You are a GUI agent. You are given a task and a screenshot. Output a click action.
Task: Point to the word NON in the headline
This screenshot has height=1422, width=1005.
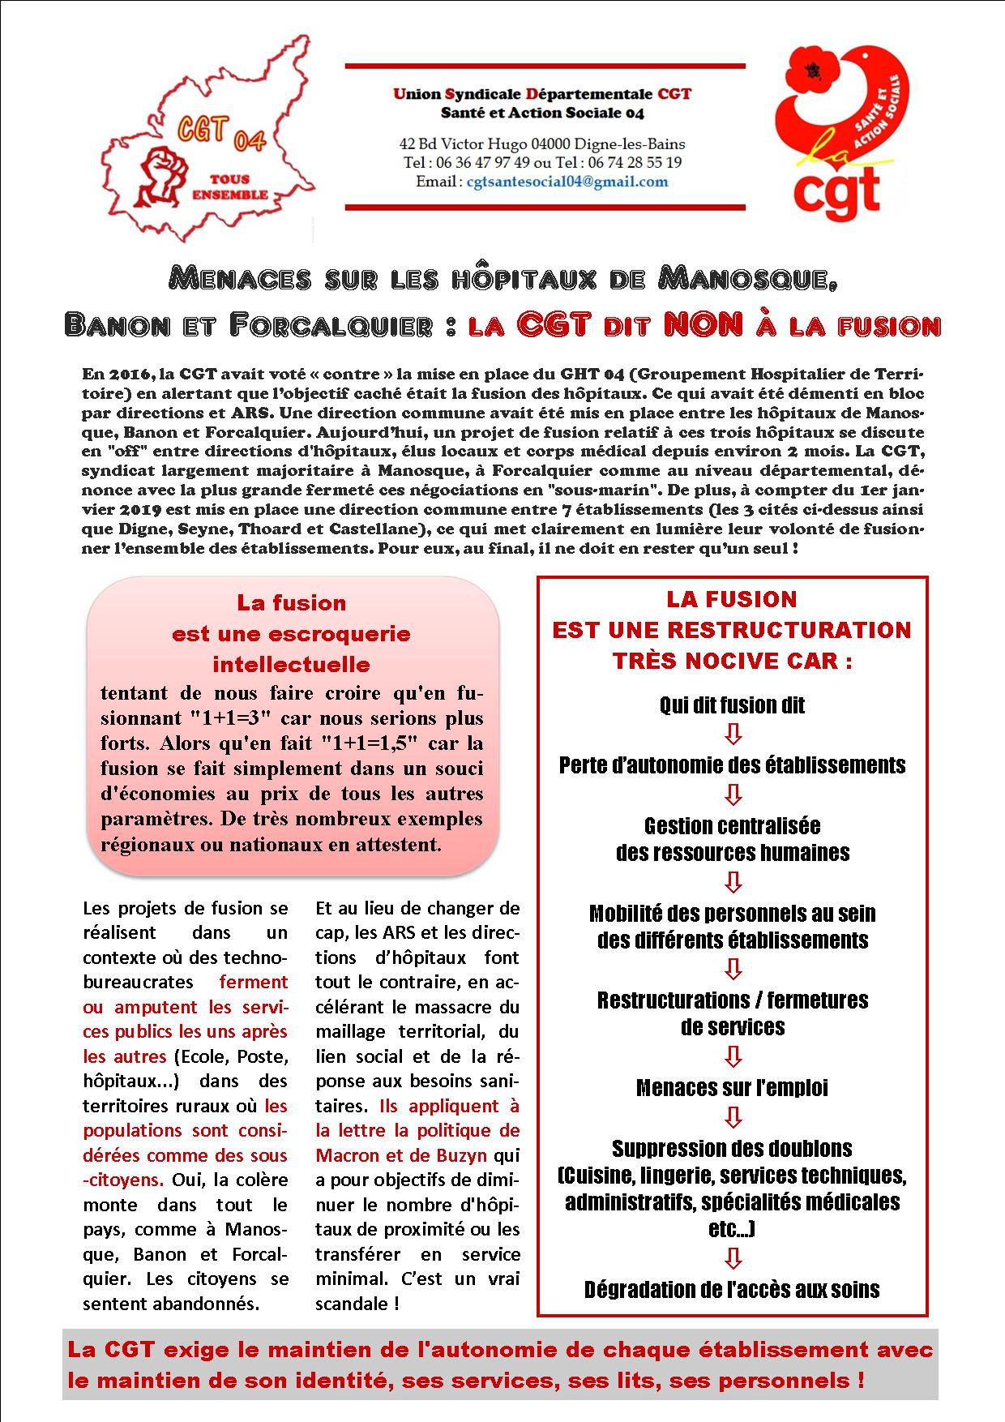tap(703, 325)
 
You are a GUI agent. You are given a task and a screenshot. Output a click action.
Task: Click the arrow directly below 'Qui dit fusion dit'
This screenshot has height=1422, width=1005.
tap(733, 735)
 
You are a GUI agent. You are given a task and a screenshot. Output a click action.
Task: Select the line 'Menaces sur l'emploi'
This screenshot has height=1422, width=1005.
tap(733, 1088)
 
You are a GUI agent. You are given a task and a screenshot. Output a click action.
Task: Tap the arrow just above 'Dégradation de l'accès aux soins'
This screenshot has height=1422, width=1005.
tap(733, 1258)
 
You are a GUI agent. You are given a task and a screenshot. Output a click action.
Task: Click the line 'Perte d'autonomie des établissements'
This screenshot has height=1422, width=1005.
tap(733, 765)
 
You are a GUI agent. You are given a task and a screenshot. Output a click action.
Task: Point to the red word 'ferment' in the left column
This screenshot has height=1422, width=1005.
tap(254, 982)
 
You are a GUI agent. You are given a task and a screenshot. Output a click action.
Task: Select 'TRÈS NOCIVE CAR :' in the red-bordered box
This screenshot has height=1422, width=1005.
tap(733, 661)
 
